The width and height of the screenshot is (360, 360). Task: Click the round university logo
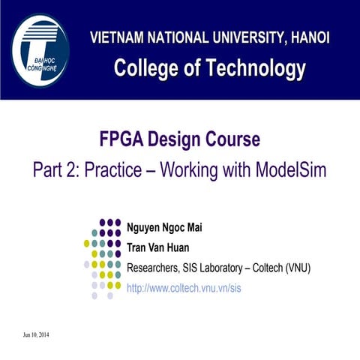click(x=40, y=51)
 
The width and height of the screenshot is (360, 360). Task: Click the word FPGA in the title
click(x=121, y=139)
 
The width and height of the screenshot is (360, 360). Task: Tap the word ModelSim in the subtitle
click(x=289, y=169)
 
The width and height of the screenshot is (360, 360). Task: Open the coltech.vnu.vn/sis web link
click(x=184, y=287)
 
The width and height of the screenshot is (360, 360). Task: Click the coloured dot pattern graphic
click(x=103, y=257)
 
